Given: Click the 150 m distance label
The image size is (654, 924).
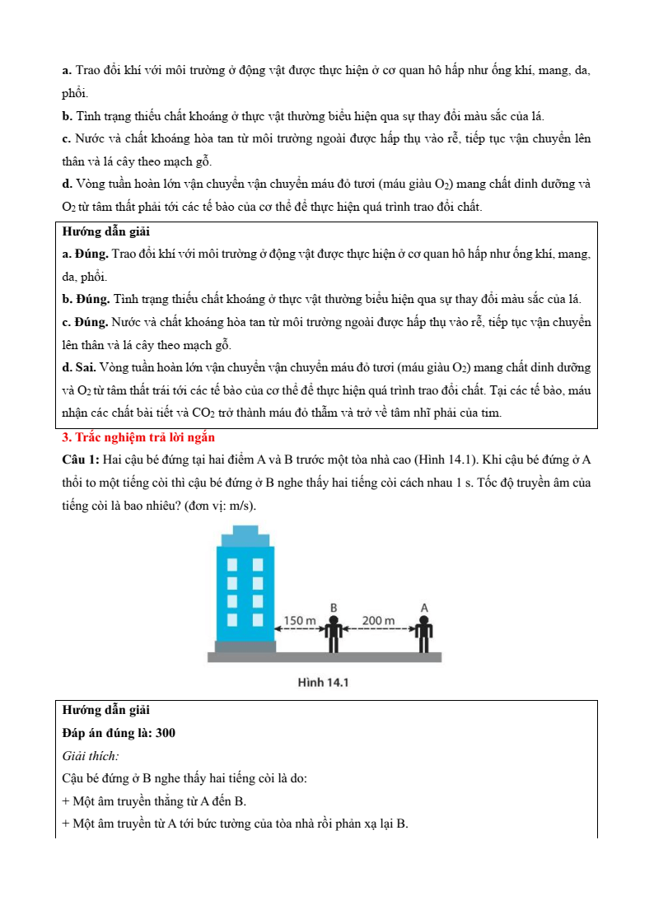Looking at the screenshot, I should pos(300,619).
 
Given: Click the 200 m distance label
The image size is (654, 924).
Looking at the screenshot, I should pos(378,619).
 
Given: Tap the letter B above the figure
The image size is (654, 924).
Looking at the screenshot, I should pos(334,608).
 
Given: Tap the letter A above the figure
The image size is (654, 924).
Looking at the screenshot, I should pos(424,608).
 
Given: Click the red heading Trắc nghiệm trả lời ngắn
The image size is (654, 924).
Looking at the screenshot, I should pos(138,437).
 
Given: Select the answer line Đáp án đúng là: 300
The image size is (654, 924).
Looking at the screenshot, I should pos(119,732).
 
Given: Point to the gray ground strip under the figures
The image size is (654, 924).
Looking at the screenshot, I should pos(324,657).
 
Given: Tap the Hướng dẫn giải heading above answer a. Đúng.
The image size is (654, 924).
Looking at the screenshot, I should pos(106,231).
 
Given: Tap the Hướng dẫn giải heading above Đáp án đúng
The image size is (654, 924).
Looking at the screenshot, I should pos(106,709).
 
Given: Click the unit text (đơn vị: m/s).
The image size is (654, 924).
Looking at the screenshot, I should pos(215,505).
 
